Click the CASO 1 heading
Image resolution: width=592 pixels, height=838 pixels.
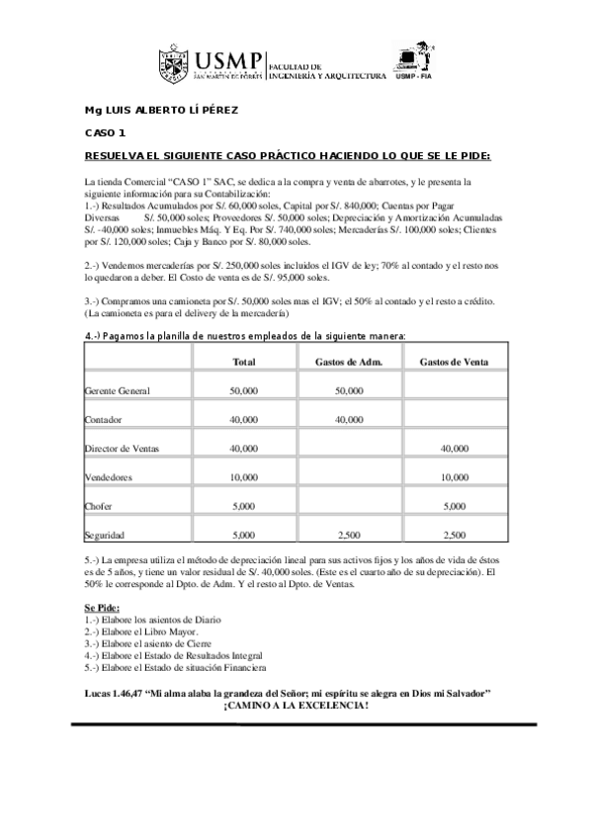[105, 132]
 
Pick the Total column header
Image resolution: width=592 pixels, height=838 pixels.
[243, 362]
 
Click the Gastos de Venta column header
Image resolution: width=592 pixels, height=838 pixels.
[454, 362]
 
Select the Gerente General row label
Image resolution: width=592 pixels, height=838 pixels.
[119, 391]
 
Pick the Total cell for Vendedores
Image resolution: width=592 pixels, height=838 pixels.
[243, 477]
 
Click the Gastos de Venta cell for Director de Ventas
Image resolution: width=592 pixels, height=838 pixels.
[454, 449]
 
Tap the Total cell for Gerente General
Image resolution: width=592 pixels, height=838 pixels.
[243, 391]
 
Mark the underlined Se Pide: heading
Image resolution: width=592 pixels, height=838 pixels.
[103, 606]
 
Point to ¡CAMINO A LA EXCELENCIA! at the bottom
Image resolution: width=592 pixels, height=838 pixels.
[296, 706]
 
